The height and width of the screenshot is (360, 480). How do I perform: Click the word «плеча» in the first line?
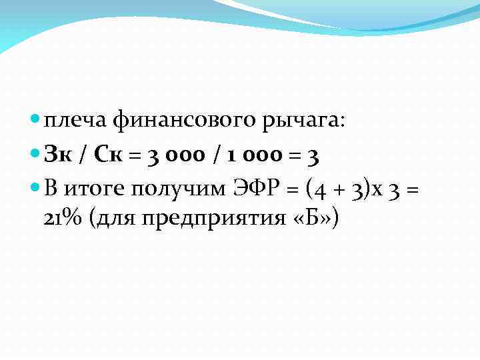point(75,121)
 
